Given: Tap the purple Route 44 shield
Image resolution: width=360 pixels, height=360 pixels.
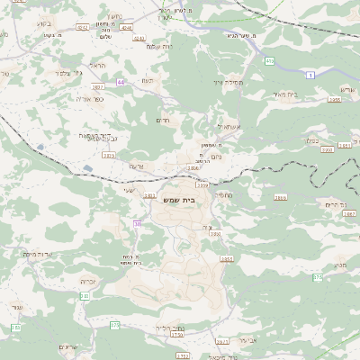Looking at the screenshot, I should pyautogui.click(x=121, y=82).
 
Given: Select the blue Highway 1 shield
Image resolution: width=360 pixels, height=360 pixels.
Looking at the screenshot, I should pyautogui.click(x=310, y=76).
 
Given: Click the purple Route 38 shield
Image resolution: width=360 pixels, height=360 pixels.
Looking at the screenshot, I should pyautogui.click(x=137, y=223).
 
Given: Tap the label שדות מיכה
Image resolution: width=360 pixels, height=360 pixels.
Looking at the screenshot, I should pyautogui.click(x=41, y=254).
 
